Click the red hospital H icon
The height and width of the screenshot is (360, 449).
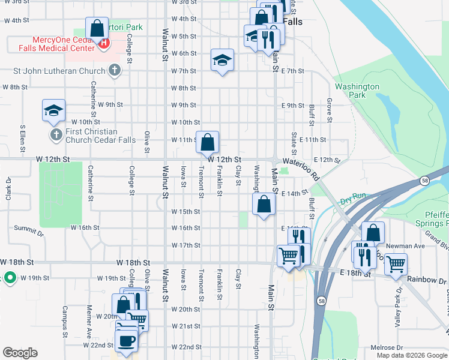click(104, 43)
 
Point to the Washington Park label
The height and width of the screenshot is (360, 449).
click(357, 91)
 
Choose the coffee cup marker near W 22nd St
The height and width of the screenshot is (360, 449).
click(126, 340)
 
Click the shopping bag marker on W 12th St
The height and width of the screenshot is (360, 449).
click(207, 143)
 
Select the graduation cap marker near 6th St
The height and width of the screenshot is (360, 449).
click(222, 60)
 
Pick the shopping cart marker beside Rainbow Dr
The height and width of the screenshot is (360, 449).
click(396, 263)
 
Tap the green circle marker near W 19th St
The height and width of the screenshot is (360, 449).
click(10, 278)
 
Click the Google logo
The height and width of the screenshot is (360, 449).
click(20, 352)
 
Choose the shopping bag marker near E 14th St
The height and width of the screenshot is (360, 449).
click(264, 205)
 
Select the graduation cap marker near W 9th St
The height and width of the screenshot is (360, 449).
click(53, 110)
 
